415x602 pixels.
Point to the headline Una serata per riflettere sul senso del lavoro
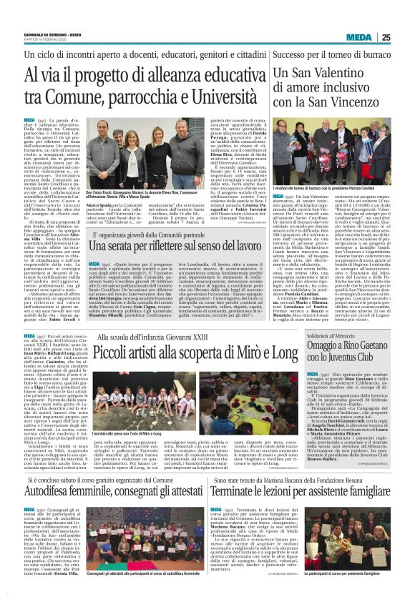coord(185,246)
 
